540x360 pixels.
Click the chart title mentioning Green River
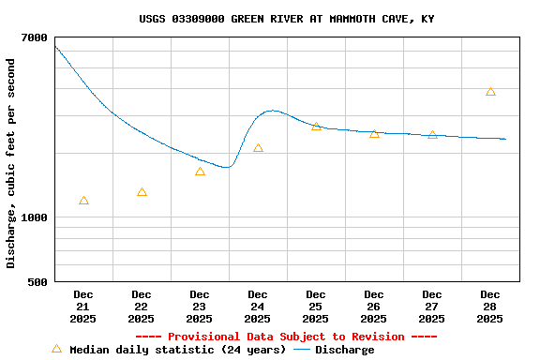[286, 19]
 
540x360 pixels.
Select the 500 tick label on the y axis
[37, 281]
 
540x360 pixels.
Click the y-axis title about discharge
[11, 163]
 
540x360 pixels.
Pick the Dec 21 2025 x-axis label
[83, 307]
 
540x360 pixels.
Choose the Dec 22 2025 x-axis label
[142, 307]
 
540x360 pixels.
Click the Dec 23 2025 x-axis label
[200, 307]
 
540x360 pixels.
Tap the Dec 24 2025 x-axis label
[258, 307]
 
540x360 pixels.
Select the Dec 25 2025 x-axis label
[316, 307]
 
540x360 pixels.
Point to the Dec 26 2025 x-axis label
[374, 307]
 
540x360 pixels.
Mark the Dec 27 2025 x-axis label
[432, 307]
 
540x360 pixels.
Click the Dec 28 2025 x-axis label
[490, 307]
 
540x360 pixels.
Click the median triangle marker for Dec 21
[83, 201]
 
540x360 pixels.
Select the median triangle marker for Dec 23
[200, 172]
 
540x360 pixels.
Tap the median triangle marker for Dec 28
[490, 92]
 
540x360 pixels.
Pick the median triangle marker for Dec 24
[258, 148]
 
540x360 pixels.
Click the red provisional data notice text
[286, 337]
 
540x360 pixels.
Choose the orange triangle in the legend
[56, 349]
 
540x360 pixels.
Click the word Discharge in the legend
[344, 350]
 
